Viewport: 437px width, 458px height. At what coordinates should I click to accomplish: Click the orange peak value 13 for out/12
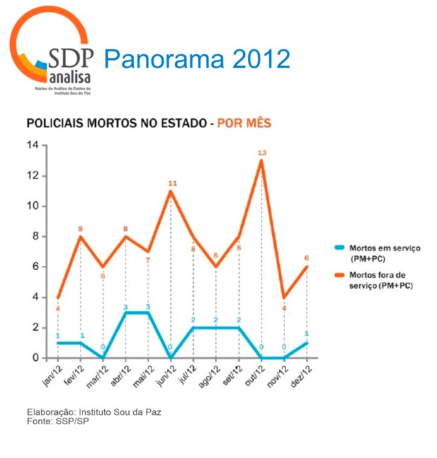click(x=261, y=153)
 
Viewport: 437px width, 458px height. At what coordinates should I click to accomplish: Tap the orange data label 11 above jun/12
click(x=171, y=183)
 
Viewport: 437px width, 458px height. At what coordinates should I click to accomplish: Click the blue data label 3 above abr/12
click(x=126, y=307)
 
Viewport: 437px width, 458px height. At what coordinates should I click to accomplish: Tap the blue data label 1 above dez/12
click(x=307, y=333)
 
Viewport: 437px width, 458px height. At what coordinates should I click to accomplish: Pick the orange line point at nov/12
click(x=284, y=297)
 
